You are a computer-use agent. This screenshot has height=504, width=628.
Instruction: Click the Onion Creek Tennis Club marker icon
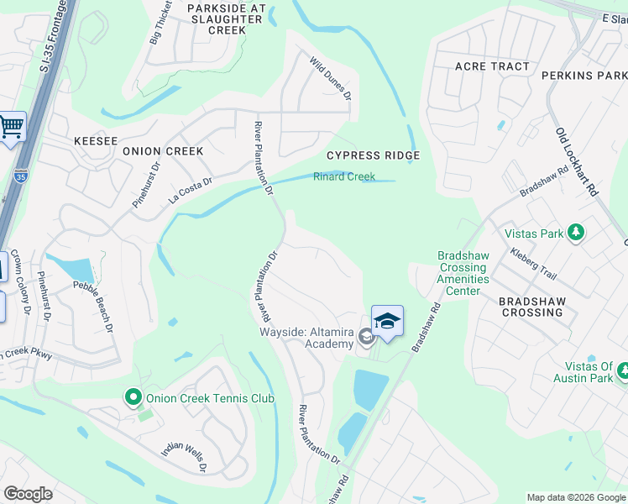coord(133,397)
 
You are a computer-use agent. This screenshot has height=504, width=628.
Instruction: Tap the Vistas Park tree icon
coord(575,232)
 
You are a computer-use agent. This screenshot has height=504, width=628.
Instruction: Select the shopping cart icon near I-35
coord(11,128)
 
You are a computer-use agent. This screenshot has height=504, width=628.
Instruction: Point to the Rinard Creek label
coord(343,176)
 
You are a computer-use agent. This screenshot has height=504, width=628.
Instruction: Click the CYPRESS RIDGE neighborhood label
coord(372,155)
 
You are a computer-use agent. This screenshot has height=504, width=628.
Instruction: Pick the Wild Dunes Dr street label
coord(330,76)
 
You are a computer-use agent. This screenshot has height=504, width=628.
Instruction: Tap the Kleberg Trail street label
coord(533,263)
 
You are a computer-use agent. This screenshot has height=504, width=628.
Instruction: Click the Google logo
coord(28,494)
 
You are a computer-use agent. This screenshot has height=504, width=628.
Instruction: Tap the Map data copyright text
coord(575,497)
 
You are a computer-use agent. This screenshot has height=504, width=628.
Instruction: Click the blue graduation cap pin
coord(387,322)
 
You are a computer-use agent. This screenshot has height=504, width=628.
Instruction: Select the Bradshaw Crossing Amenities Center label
coord(463,273)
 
